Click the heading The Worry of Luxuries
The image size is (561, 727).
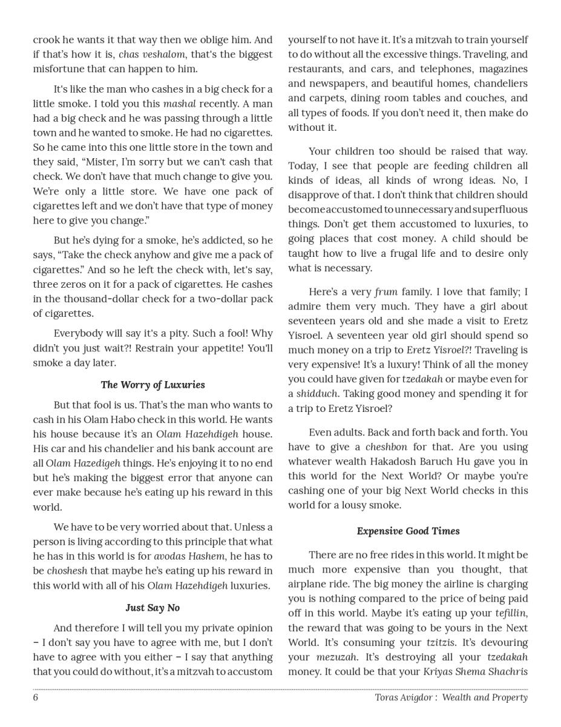[153, 385]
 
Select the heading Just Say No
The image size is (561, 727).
[153, 608]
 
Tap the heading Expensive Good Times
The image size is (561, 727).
[408, 531]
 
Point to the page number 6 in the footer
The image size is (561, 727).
[36, 697]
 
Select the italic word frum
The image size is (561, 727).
[386, 292]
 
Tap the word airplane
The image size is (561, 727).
[310, 584]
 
